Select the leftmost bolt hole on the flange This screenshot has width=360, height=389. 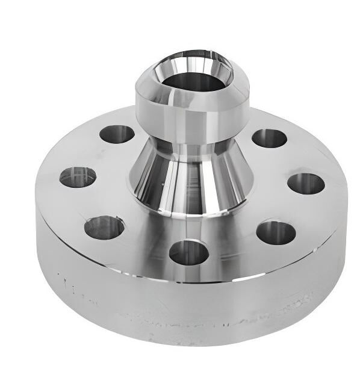[78, 177]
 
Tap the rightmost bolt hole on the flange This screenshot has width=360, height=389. [306, 184]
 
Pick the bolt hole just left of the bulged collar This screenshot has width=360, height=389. [117, 134]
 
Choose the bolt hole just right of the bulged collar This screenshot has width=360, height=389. [268, 138]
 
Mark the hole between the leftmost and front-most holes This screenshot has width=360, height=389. [104, 227]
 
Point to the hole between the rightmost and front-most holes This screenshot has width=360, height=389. [276, 232]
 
